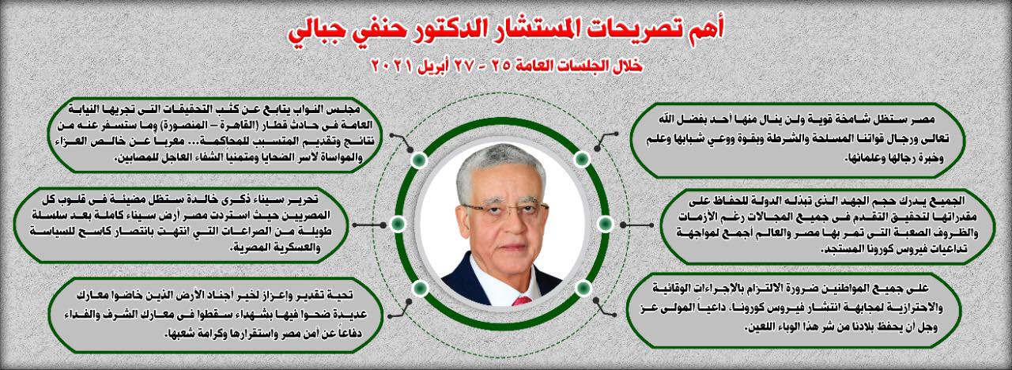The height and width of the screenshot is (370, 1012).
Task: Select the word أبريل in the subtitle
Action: tap(432, 66)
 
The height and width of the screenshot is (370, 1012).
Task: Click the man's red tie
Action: tap(523, 300)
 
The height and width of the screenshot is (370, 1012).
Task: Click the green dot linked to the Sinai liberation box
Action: tap(398, 224)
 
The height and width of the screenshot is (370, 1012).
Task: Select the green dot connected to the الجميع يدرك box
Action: tap(606, 224)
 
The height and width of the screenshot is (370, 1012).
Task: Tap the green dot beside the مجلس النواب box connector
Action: tap(419, 160)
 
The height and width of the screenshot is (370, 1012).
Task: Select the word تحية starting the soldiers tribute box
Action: tap(341, 295)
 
